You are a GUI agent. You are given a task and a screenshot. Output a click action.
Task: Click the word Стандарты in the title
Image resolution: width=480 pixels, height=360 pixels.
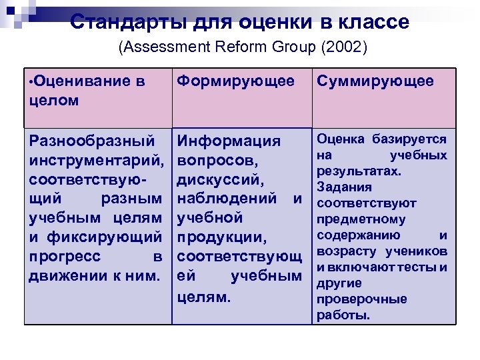point(127,22)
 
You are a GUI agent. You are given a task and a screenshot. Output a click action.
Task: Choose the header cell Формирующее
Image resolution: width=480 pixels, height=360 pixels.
point(235,81)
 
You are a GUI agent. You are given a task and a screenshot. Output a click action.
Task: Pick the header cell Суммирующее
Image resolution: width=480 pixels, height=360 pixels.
point(375,81)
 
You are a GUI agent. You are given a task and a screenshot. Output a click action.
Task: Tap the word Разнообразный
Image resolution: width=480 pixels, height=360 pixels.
point(87,141)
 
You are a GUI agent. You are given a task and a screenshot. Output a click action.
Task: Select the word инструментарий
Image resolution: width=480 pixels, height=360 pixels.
point(96,161)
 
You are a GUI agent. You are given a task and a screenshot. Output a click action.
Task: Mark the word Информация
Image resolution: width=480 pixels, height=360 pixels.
point(229,141)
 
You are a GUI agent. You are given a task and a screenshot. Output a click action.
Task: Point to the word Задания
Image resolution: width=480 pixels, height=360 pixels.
point(339,187)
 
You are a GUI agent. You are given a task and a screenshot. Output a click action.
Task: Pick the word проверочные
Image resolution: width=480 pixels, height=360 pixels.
point(352,299)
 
